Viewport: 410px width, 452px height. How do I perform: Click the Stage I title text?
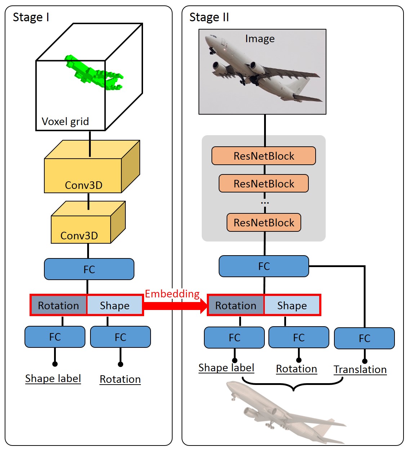point(31,17)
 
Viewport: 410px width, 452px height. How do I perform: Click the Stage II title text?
point(209,17)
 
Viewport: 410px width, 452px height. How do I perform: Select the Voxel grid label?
point(65,121)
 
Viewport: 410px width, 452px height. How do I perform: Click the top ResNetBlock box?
point(264,156)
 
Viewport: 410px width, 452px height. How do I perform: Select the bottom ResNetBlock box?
point(264,222)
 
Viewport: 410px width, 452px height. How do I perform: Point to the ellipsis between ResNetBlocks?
point(265,203)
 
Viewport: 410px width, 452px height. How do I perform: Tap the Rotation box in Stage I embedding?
point(58,306)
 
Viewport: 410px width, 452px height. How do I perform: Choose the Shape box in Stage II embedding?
point(292,306)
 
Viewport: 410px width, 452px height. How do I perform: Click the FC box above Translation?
point(364,338)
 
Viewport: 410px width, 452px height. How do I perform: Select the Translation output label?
point(360,369)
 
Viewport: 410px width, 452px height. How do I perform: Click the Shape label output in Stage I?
point(53,378)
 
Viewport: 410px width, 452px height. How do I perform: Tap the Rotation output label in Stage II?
point(297,369)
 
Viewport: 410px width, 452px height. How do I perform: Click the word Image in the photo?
point(260,39)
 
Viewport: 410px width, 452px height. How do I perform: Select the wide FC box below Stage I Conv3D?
point(89,269)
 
